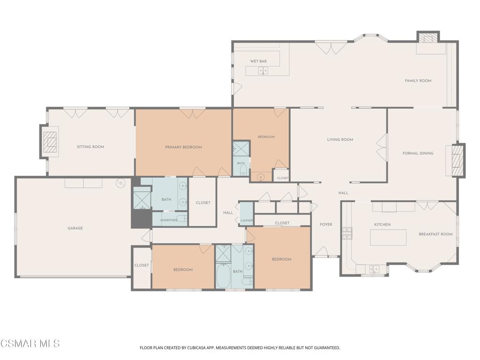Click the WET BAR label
point(258,61)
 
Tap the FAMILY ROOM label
point(418,81)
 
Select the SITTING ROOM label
point(90,147)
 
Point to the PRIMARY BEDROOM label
point(183,147)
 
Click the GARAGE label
point(75,228)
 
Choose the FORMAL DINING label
point(418,153)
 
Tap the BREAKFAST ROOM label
point(435,234)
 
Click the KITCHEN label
point(382,225)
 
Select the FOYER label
point(326,225)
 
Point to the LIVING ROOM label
point(340,140)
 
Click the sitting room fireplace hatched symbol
point(50,142)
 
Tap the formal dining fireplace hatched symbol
point(458,161)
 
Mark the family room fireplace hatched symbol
point(428,38)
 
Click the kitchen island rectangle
point(388,238)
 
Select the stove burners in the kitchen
point(347,233)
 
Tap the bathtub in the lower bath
point(224,276)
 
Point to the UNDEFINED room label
point(169,220)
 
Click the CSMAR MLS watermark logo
point(30,344)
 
